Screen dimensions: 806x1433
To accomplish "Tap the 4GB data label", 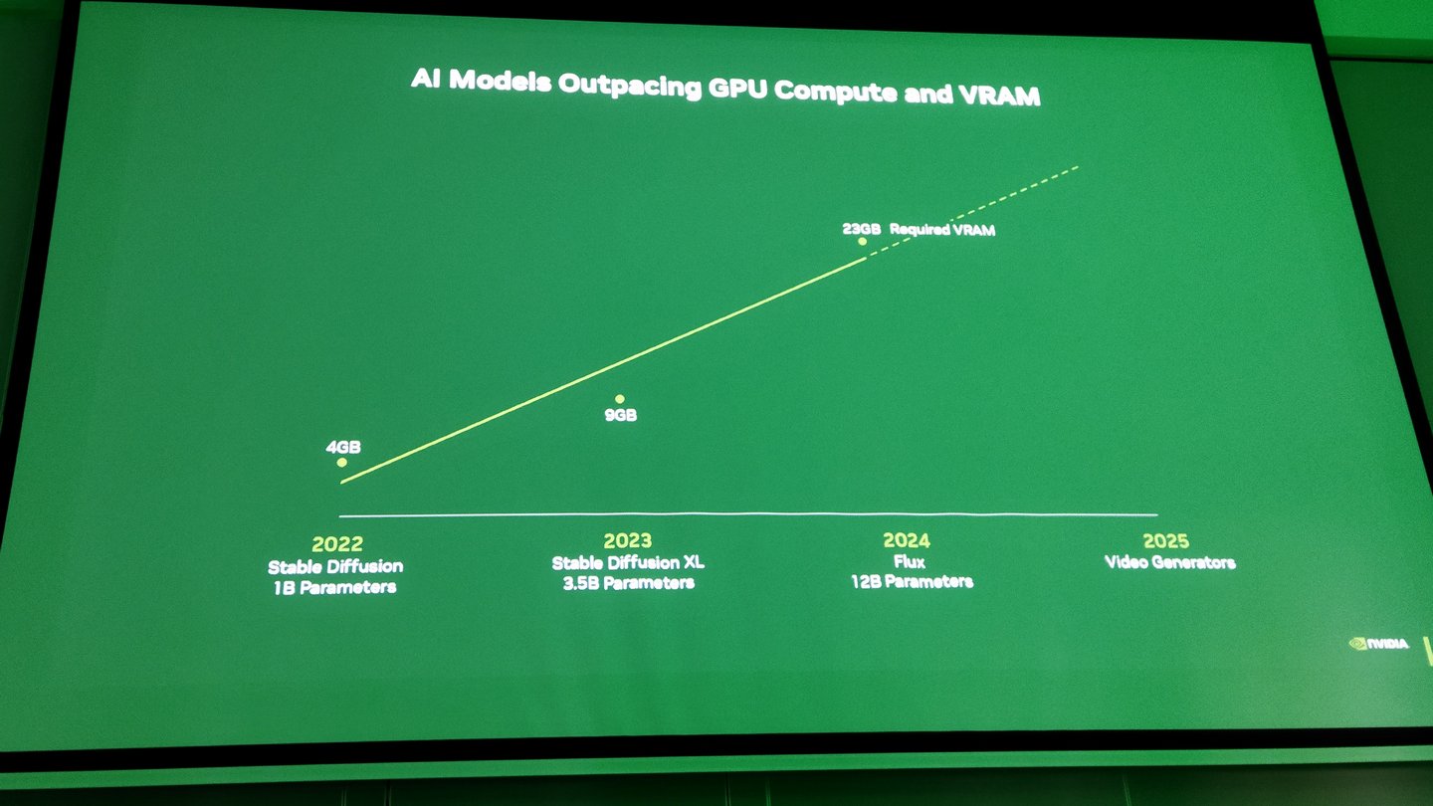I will coord(343,447).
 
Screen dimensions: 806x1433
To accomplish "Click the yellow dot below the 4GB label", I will coord(342,463).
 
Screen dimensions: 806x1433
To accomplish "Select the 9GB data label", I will coord(620,415).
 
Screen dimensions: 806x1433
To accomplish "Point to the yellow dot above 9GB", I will coord(619,399).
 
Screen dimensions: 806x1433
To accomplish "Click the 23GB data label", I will coord(861,228).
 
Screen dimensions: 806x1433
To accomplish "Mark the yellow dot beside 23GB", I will coord(863,241).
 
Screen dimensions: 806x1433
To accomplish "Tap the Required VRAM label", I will coord(942,230).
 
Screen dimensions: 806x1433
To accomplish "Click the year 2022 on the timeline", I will coord(337,544).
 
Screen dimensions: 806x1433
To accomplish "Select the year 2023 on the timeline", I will coord(628,540).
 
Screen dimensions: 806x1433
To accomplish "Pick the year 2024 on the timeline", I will coord(906,540).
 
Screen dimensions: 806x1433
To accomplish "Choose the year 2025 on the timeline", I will coord(1166,541).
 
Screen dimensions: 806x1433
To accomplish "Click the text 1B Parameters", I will coord(335,587).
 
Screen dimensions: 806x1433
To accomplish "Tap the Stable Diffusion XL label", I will coord(628,562).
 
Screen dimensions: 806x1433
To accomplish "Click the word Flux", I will coord(909,561).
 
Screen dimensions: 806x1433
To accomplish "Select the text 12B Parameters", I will coord(911,580).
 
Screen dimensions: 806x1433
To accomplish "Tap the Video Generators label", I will coord(1169,562).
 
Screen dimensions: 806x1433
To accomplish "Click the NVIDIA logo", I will coord(1378,644).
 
